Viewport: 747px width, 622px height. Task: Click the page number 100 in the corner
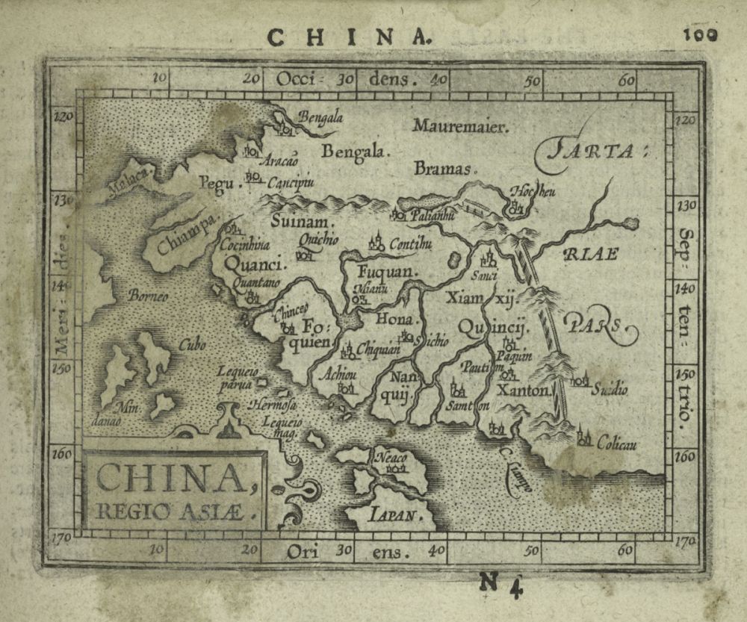[x=699, y=34]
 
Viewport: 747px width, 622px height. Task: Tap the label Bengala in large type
[x=356, y=152]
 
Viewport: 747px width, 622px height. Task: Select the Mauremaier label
[x=460, y=126]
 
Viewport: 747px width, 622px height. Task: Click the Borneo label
[x=149, y=295]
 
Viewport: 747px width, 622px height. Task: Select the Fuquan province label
[x=386, y=273]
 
